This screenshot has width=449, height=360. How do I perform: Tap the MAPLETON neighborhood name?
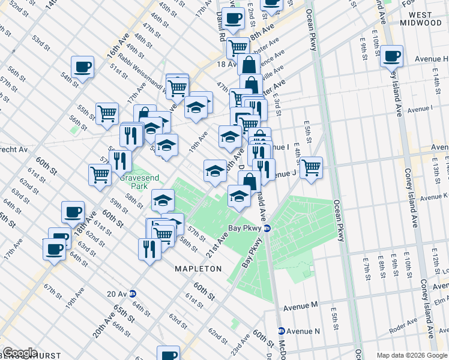click(199, 269)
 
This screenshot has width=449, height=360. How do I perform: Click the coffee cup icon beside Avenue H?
click(392, 57)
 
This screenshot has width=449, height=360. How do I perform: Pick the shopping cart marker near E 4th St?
click(310, 167)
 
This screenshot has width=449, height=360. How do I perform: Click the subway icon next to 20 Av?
click(133, 293)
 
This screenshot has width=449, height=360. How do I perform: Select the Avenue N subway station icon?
click(281, 331)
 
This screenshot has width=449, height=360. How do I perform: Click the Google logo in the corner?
click(20, 353)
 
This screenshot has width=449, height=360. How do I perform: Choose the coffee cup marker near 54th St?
click(83, 67)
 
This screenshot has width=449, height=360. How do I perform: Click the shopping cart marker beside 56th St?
click(107, 113)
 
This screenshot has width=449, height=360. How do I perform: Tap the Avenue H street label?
click(431, 59)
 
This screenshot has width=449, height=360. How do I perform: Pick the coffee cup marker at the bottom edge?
click(168, 353)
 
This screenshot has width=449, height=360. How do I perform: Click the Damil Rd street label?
click(220, 28)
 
